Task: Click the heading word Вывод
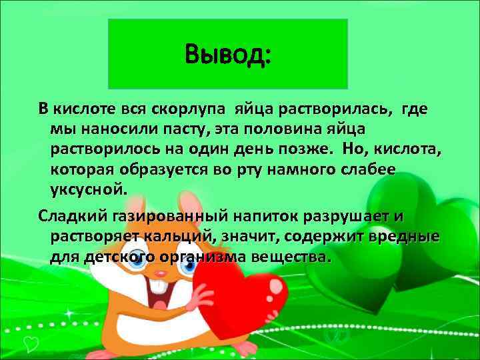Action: pyautogui.click(x=227, y=52)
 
